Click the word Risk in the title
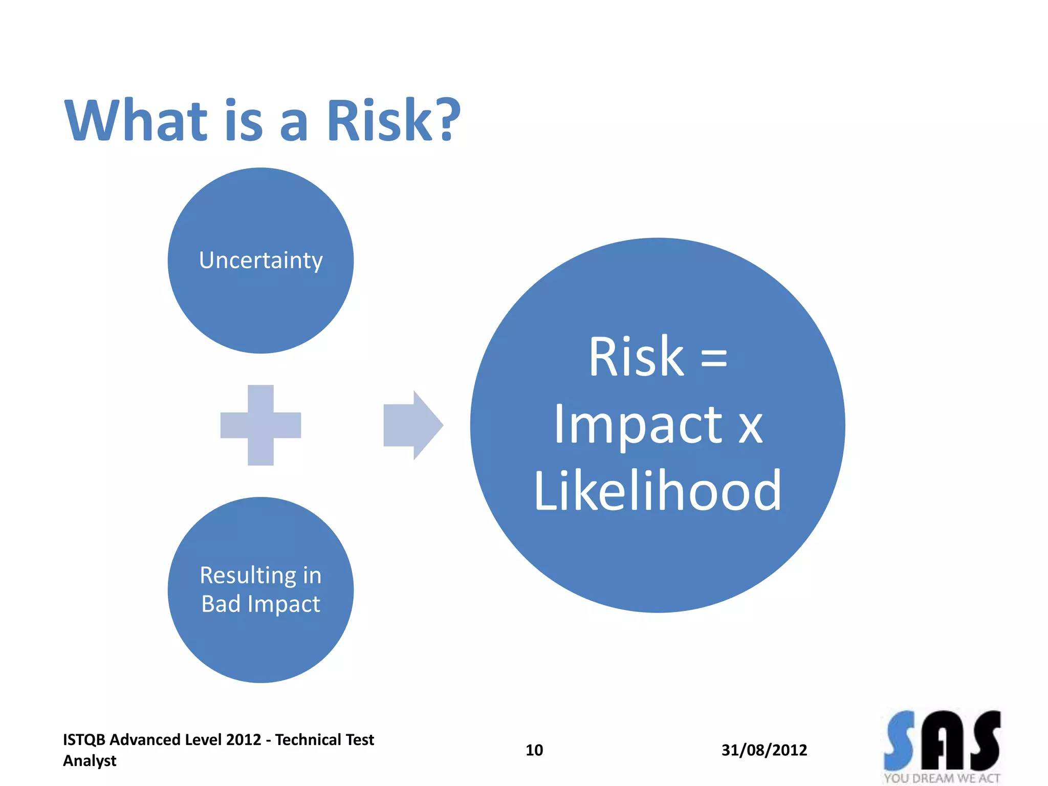coord(379,121)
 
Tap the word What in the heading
coord(136,121)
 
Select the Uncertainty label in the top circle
coord(261,260)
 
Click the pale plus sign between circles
coord(260,425)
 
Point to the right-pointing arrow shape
coord(412,425)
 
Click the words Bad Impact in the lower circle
coord(261,604)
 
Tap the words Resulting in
coord(261,576)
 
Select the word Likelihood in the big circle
coord(658,491)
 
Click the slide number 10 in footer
coord(534,750)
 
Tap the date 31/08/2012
coord(764,750)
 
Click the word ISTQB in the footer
coord(84,740)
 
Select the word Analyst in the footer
coord(90,761)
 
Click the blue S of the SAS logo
coord(900,741)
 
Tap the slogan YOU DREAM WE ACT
coord(942,778)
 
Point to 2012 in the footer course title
coord(244,740)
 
